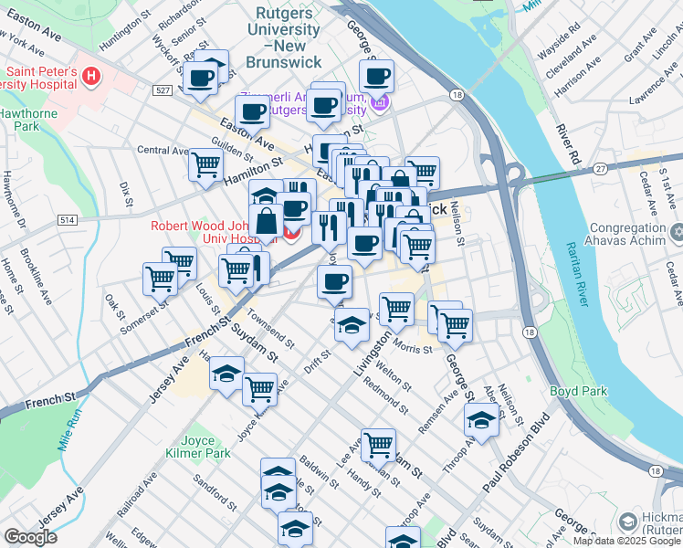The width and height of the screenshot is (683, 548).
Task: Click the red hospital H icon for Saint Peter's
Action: pos(90,77)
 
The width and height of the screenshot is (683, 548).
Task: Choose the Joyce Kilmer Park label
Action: pos(198,445)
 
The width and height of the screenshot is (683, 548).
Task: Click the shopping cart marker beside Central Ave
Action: pos(205,165)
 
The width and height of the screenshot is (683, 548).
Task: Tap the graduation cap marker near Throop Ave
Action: pos(481,420)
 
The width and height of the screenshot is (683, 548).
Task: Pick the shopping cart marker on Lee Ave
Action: pos(378,445)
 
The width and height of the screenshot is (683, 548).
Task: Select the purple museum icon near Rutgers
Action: pos(379,102)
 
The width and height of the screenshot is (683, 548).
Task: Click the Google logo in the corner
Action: pos(30,538)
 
